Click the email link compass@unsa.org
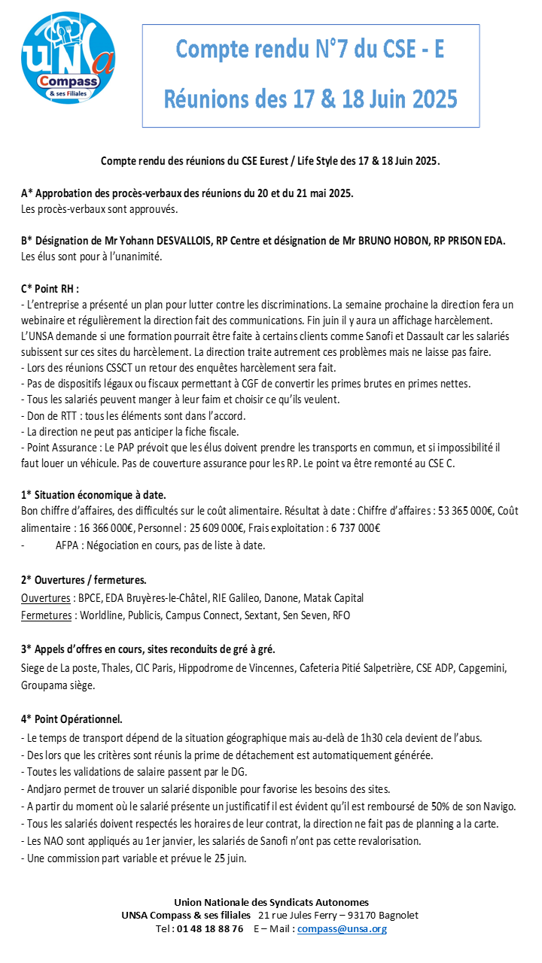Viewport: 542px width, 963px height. (342, 928)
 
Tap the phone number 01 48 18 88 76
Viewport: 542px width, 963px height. (210, 928)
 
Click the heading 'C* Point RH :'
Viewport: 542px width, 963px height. (50, 288)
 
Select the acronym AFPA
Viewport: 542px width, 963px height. (69, 545)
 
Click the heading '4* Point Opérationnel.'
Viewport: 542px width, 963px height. (72, 718)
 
